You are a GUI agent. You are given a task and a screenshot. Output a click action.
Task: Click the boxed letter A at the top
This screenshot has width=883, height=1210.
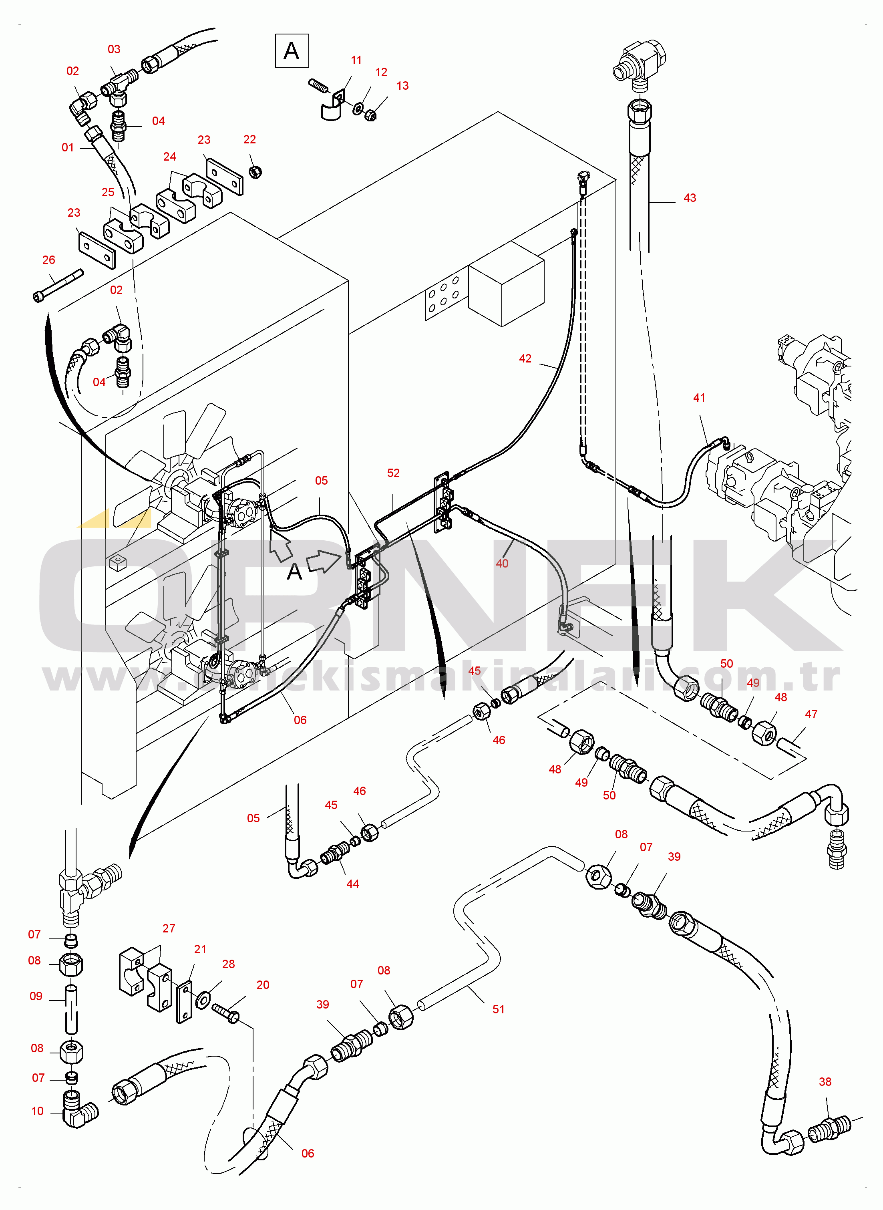pos(291,51)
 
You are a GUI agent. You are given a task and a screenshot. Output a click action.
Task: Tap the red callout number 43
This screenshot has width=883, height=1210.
pos(690,198)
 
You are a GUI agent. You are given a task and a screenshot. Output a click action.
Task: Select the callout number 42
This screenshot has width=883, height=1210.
pos(525,358)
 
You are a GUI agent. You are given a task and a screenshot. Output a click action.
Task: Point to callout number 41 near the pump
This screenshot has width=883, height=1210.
pos(699,398)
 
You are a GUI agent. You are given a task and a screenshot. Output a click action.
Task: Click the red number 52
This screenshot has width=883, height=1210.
pos(393,473)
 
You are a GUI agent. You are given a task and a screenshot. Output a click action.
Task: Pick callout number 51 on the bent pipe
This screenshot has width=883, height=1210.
pos(498,1009)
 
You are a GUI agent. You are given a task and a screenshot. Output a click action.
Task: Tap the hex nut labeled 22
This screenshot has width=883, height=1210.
pos(255,172)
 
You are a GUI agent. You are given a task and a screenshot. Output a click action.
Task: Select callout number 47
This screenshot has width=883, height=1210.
pos(811,714)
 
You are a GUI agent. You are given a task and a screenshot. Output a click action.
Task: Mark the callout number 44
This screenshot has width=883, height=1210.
pos(352,884)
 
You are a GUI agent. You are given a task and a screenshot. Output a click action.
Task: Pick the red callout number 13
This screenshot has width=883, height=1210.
pos(402,85)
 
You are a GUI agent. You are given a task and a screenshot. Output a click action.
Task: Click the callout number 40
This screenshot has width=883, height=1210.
pos(502,563)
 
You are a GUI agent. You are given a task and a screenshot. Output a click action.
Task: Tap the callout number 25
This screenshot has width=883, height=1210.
pos(108,192)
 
